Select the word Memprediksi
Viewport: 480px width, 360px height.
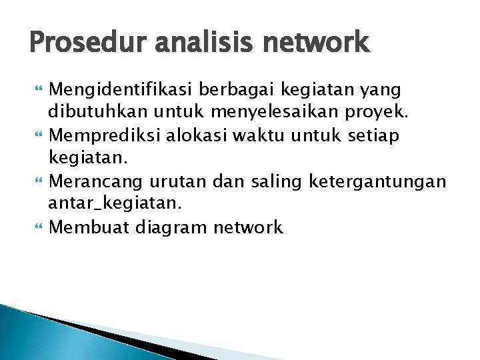pos(101,136)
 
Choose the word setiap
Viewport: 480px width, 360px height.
pos(374,136)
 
